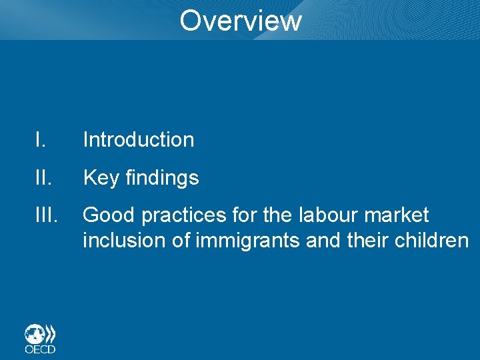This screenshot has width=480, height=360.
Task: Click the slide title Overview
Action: [x=240, y=20]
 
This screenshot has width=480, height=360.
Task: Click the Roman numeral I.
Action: [x=40, y=139]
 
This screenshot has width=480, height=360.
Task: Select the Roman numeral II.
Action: [x=43, y=177]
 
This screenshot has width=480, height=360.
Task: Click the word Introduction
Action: [x=139, y=139]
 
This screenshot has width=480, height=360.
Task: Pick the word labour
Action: [x=322, y=215]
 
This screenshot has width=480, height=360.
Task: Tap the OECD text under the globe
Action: [x=40, y=349]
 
